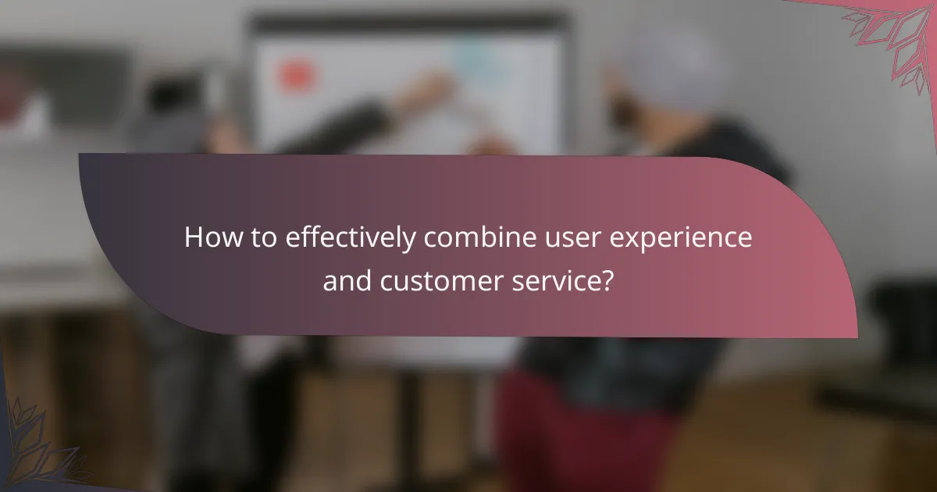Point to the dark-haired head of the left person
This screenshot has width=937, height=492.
168,98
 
